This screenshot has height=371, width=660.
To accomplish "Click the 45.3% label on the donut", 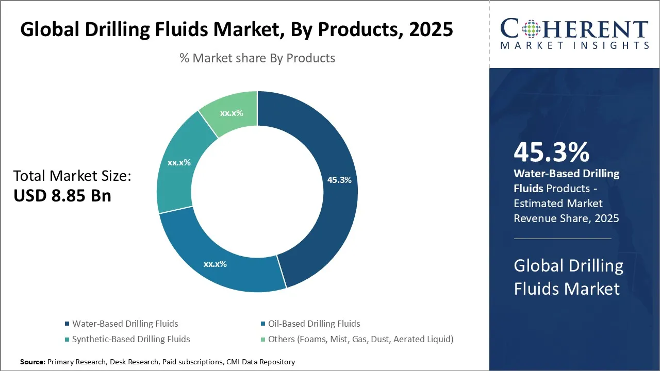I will pos(339,180).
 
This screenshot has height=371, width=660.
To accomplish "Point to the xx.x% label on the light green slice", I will pos(232,113).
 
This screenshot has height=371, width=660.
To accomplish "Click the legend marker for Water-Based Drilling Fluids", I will pos(67,324).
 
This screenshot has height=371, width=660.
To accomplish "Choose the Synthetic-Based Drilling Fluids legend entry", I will pos(131,339).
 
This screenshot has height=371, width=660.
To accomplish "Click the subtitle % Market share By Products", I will pos(257,58).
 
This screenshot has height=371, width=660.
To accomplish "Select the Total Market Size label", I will pos(72,176).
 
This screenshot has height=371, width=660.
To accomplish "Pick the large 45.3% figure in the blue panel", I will pos(551,153).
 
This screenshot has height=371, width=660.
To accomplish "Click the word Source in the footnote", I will pos(32,362).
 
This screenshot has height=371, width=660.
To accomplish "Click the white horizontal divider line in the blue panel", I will pos(562,239).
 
